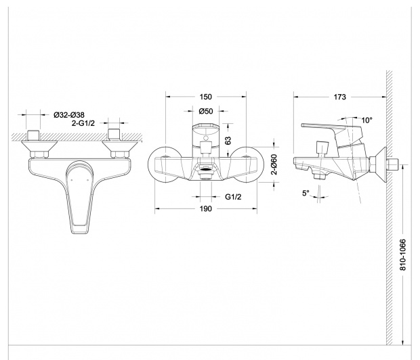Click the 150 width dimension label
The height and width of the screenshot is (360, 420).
pos(205,97)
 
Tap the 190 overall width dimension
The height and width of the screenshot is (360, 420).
pos(205,208)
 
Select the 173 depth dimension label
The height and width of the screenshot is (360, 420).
pos(339,97)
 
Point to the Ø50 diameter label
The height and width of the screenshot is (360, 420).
pos(206,111)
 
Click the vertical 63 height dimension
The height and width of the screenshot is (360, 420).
pos(228,140)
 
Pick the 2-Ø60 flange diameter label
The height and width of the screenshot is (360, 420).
pos(274,164)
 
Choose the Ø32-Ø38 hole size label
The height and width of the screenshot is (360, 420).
pos(69,115)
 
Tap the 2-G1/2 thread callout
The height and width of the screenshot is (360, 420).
pos(83,123)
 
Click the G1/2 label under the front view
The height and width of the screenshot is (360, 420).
pos(233,197)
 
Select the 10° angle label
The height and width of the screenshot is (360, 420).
pos(367,120)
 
